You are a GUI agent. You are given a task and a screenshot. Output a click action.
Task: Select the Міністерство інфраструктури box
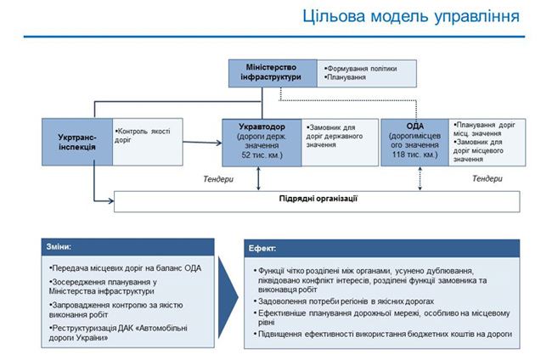click(x=274, y=73)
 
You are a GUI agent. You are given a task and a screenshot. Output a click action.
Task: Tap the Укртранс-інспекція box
click(x=76, y=140)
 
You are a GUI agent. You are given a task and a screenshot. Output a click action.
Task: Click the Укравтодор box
click(x=261, y=140)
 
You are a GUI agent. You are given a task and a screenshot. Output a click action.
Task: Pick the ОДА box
click(x=416, y=140)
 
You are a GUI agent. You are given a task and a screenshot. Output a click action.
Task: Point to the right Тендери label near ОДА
click(x=487, y=179)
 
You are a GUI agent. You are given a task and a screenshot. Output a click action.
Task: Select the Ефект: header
click(x=261, y=250)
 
